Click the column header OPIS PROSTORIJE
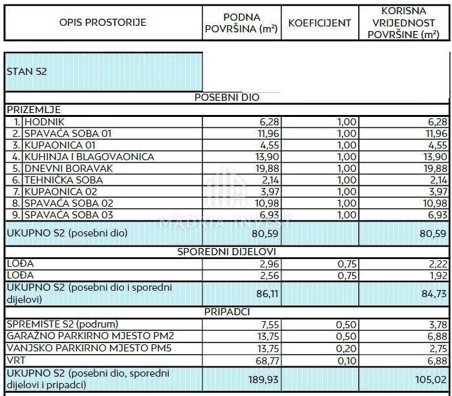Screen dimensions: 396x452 pyautogui.click(x=103, y=23)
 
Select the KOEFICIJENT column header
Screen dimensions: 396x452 pyautogui.click(x=319, y=23)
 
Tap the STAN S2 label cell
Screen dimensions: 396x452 pyautogui.click(x=27, y=71)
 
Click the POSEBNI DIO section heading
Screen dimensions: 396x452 pyautogui.click(x=227, y=98)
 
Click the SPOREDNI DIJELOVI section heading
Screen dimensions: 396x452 pyautogui.click(x=227, y=251)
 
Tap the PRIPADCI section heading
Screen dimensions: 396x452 pyautogui.click(x=227, y=311)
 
